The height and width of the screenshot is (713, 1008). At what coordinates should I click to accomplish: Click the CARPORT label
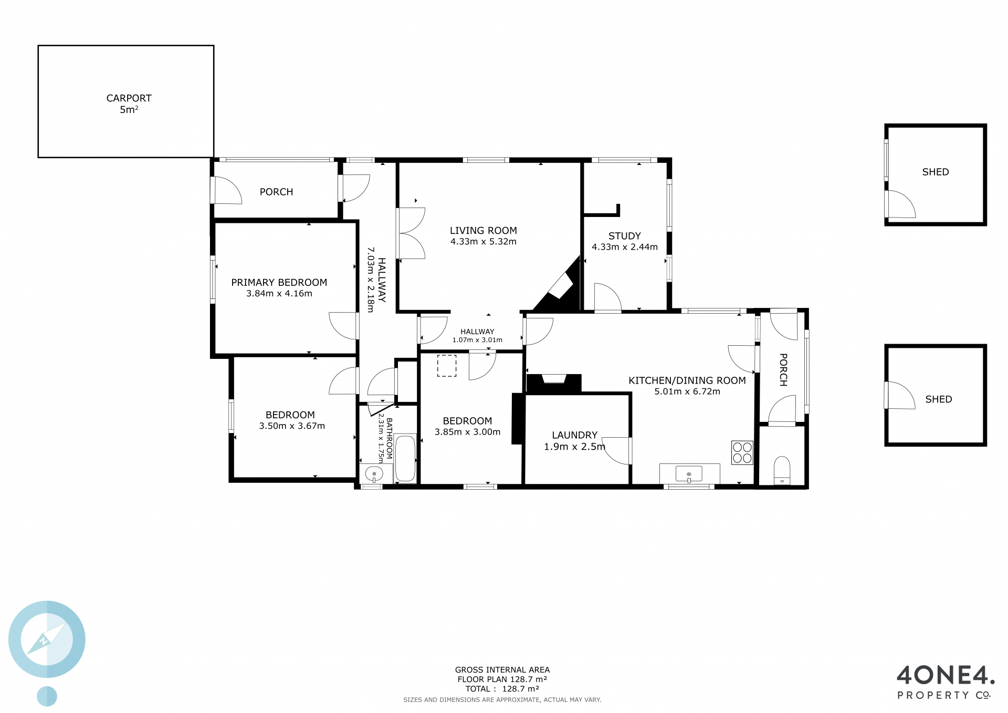(x=129, y=98)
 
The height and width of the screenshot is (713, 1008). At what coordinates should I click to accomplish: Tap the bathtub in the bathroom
(x=405, y=458)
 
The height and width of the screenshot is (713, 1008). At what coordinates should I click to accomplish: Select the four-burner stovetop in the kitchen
(x=742, y=452)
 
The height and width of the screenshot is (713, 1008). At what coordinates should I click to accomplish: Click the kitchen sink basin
(x=689, y=473)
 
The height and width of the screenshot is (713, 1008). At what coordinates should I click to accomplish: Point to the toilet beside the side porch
(x=782, y=470)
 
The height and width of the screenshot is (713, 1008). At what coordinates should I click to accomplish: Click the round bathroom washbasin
(x=374, y=474)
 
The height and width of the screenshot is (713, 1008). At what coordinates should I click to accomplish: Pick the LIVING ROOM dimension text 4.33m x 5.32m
(x=484, y=242)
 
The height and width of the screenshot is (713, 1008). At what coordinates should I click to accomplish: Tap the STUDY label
(x=625, y=236)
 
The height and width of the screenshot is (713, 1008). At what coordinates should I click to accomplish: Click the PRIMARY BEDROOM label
(x=279, y=283)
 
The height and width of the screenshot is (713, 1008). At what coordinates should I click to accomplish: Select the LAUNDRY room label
(x=575, y=435)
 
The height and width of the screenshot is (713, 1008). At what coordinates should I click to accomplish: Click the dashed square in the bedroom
(x=447, y=366)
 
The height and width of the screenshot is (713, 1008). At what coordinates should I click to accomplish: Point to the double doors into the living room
(x=411, y=233)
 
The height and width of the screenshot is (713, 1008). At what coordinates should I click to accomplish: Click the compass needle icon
(x=46, y=639)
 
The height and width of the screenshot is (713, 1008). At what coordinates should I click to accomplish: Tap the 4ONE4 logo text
(x=946, y=675)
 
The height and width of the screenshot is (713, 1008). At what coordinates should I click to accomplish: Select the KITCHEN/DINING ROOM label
(x=687, y=380)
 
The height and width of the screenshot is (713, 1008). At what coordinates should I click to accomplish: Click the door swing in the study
(x=608, y=298)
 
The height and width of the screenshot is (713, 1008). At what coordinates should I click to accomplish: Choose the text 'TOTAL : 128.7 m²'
(x=502, y=689)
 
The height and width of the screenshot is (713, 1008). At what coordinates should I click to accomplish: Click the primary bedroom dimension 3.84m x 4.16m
(x=279, y=294)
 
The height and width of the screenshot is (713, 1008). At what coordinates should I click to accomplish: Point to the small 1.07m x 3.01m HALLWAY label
(x=477, y=336)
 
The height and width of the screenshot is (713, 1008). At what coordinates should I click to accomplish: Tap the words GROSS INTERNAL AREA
(x=502, y=670)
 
